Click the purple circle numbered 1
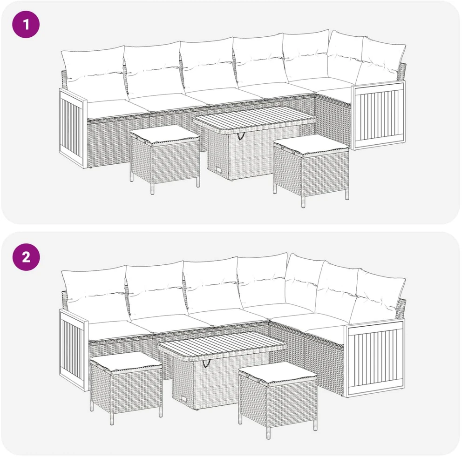pyautogui.click(x=26, y=25)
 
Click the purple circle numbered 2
pyautogui.click(x=26, y=257)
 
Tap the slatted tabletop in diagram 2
pyautogui.click(x=222, y=344)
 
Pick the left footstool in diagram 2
pyautogui.click(x=126, y=386)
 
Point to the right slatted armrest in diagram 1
pyautogui.click(x=378, y=115)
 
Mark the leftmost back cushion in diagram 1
pyautogui.click(x=94, y=71)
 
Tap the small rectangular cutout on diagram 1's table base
pyautogui.click(x=219, y=170)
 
